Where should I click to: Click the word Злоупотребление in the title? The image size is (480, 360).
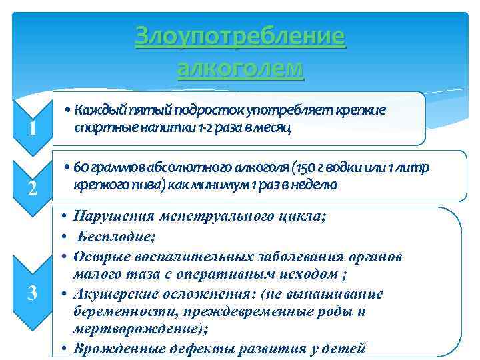(240, 37)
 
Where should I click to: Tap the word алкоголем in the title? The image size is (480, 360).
(240, 68)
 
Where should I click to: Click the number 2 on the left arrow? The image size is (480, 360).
(32, 189)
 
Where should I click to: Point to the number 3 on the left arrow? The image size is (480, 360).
(32, 292)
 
